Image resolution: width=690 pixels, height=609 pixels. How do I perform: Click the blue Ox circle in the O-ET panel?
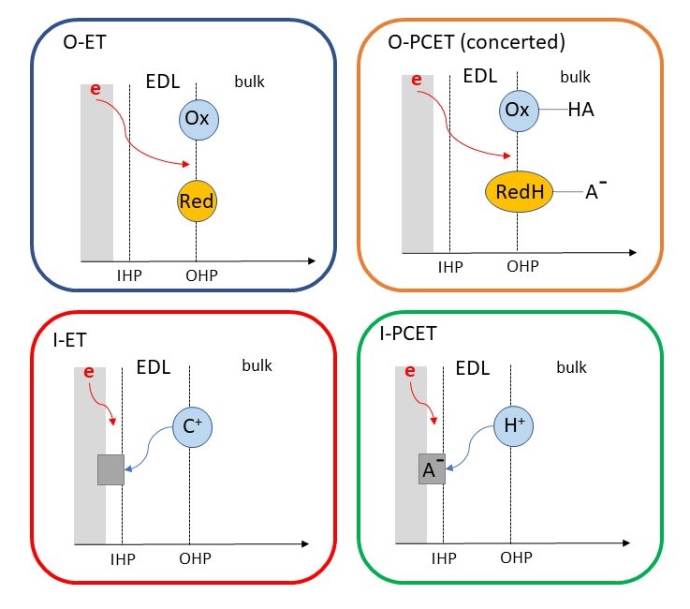(x=197, y=119)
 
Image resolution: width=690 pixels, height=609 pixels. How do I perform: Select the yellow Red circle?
(x=197, y=199)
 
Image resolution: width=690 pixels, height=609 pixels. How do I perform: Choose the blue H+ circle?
(x=512, y=426)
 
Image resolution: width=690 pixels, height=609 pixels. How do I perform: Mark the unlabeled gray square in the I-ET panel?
(x=110, y=468)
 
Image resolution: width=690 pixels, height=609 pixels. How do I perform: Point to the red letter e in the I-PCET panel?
(x=410, y=372)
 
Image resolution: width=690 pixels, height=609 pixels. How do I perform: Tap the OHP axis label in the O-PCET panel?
(x=523, y=267)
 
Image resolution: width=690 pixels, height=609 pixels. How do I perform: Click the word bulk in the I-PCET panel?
(x=571, y=367)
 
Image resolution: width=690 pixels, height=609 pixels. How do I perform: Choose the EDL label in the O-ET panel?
(x=163, y=82)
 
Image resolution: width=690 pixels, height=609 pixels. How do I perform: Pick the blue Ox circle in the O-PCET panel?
(x=518, y=111)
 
